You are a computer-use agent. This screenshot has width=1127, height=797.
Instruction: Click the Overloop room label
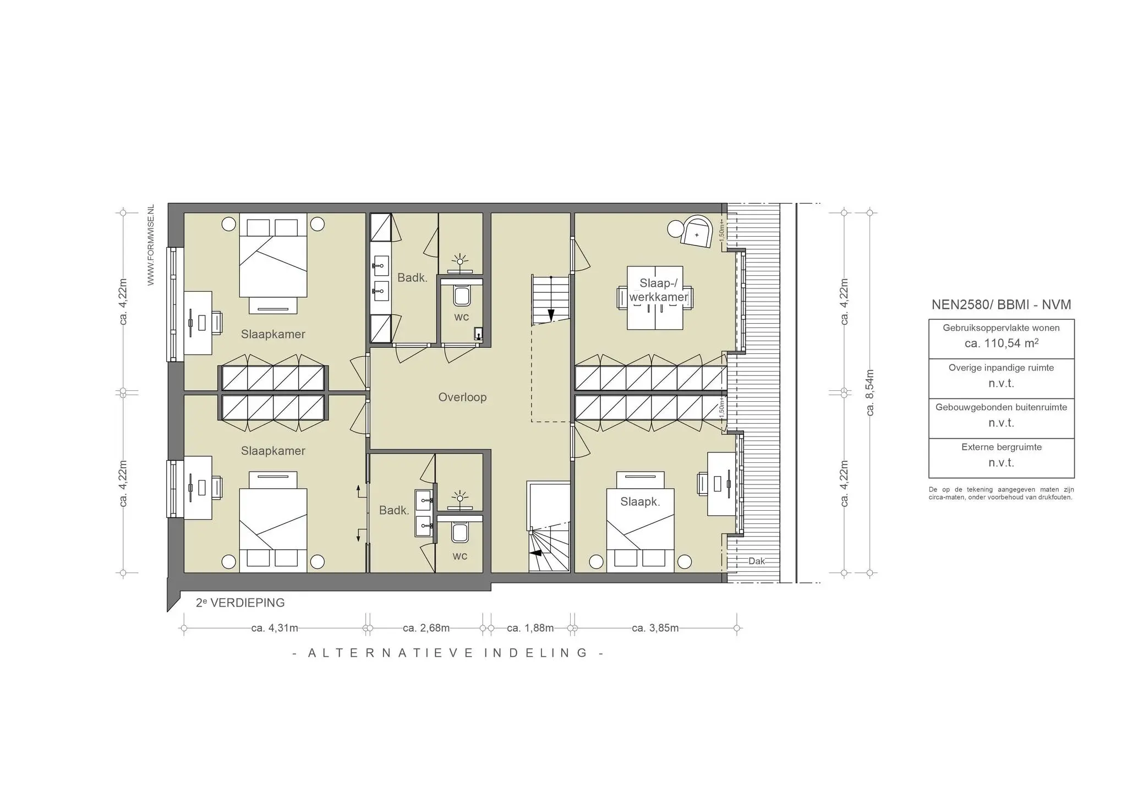pyautogui.click(x=462, y=397)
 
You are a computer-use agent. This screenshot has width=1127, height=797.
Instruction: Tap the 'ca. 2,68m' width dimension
pyautogui.click(x=426, y=628)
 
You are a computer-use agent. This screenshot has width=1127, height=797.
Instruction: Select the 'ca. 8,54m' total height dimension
pyautogui.click(x=870, y=392)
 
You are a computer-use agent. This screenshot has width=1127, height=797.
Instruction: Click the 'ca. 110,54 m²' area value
pyautogui.click(x=1001, y=343)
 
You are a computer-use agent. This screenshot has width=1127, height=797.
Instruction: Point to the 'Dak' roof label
pyautogui.click(x=757, y=561)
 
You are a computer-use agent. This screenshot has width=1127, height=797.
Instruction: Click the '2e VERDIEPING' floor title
pyautogui.click(x=240, y=603)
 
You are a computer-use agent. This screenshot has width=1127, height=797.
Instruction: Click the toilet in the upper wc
pyautogui.click(x=461, y=297)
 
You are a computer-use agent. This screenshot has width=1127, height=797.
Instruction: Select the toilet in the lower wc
pyautogui.click(x=459, y=533)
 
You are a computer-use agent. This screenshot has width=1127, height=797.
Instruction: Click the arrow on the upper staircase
pyautogui.click(x=550, y=315)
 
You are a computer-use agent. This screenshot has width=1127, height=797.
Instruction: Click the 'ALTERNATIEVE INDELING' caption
pyautogui.click(x=448, y=653)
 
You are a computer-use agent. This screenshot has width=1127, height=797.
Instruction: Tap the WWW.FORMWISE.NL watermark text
pyautogui.click(x=151, y=245)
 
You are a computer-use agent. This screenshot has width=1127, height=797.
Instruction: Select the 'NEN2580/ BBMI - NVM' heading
pyautogui.click(x=1001, y=305)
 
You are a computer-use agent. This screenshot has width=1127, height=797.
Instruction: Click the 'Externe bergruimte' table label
pyautogui.click(x=1001, y=447)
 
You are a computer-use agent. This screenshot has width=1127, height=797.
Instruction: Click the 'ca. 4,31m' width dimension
pyautogui.click(x=275, y=628)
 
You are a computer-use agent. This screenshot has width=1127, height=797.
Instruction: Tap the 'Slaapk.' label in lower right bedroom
pyautogui.click(x=640, y=501)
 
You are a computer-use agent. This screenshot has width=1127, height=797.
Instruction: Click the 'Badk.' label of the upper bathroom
pyautogui.click(x=412, y=277)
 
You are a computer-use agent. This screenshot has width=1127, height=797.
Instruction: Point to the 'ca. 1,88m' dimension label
pyautogui.click(x=530, y=628)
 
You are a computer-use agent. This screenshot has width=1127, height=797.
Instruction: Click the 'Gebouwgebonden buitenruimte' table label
pyautogui.click(x=1001, y=407)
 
